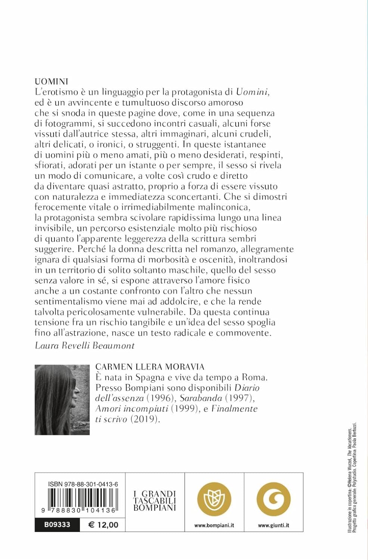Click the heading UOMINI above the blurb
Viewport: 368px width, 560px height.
pyautogui.click(x=52, y=82)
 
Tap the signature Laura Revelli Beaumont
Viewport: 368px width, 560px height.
pyautogui.click(x=84, y=345)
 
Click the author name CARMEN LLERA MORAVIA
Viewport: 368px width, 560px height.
pyautogui.click(x=150, y=367)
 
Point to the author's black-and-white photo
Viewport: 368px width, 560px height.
pyautogui.click(x=62, y=400)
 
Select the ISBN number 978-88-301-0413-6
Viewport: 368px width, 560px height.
pyautogui.click(x=83, y=484)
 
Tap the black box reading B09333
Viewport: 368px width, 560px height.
pyautogui.click(x=57, y=525)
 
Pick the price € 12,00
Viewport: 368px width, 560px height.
pyautogui.click(x=103, y=525)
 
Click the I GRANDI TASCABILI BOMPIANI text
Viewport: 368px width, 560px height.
pyautogui.click(x=155, y=501)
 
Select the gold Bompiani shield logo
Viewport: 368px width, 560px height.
pyautogui.click(x=214, y=500)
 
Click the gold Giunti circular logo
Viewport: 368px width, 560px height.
pyautogui.click(x=274, y=500)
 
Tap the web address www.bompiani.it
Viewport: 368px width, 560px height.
pyautogui.click(x=214, y=525)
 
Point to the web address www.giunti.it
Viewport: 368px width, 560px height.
pyautogui.click(x=274, y=525)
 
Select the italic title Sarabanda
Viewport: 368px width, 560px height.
pyautogui.click(x=201, y=398)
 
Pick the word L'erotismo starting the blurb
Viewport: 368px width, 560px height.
pyautogui.click(x=56, y=92)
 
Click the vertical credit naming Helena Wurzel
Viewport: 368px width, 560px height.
pyautogui.click(x=349, y=485)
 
